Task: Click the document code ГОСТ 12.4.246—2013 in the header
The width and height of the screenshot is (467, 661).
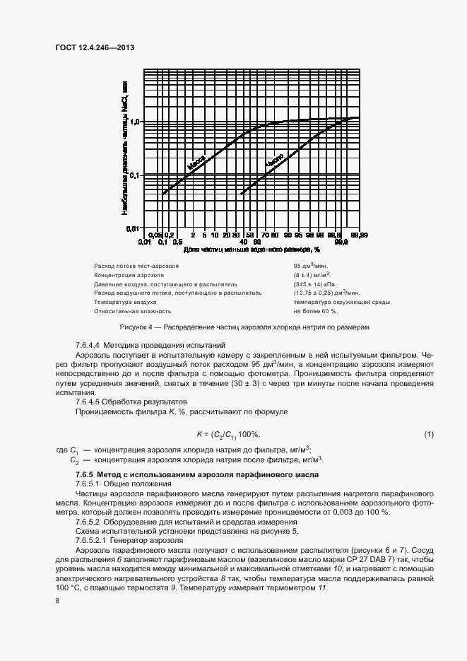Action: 94,47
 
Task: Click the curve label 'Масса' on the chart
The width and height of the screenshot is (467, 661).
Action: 197,163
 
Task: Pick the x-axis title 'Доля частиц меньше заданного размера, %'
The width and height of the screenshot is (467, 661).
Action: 252,250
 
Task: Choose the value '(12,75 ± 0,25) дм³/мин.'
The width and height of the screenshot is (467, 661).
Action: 327,292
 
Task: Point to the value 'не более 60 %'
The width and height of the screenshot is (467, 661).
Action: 315,310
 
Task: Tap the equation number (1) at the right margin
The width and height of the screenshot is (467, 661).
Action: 429,433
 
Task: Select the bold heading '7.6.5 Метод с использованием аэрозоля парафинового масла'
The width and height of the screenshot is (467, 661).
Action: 197,474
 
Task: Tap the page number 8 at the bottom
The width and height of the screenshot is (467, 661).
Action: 57,600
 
